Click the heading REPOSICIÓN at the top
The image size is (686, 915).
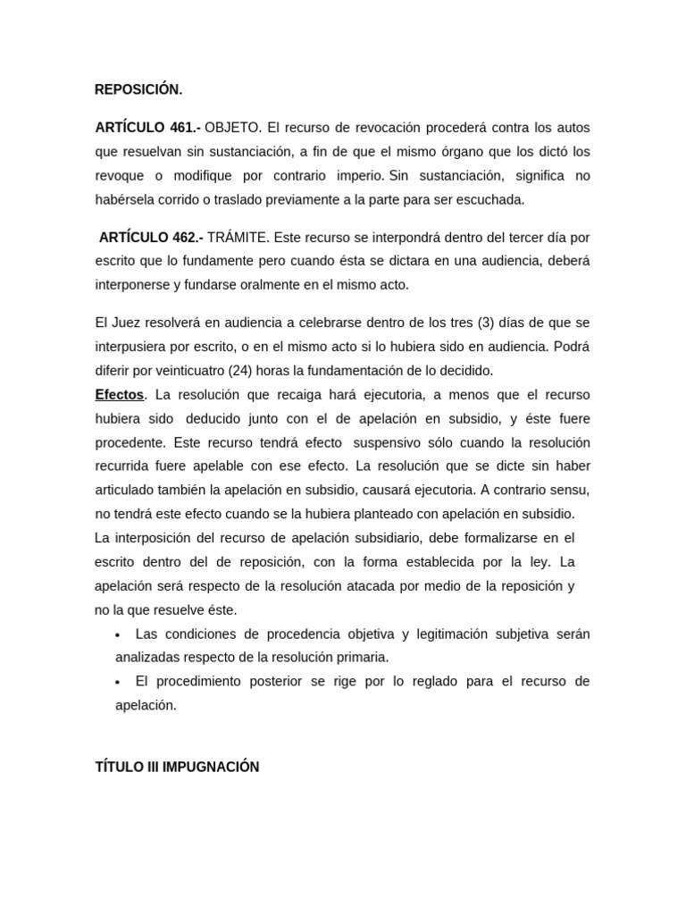138,89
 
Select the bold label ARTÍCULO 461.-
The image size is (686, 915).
147,128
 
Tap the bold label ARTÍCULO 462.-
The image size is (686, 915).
151,238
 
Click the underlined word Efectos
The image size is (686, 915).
119,395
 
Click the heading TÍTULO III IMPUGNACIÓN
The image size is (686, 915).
177,768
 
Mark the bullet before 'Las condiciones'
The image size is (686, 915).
118,634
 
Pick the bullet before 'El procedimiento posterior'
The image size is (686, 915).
118,682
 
